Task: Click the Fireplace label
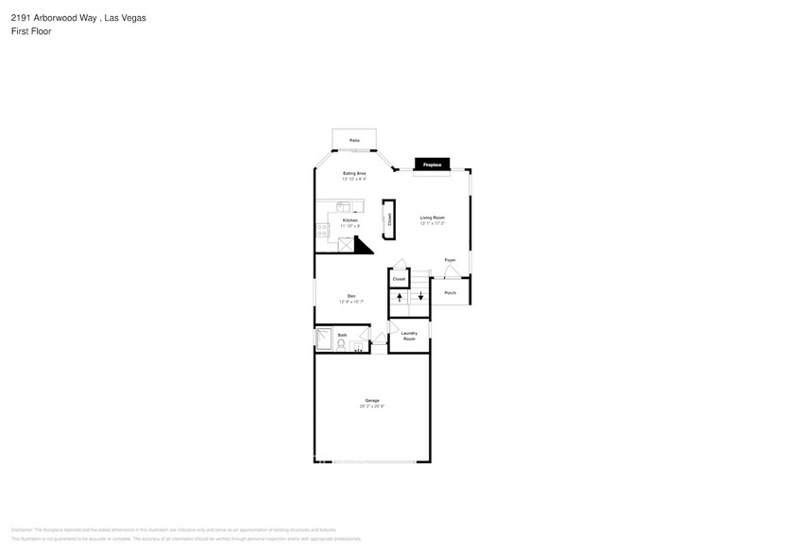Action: tap(432, 165)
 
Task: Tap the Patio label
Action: tap(354, 140)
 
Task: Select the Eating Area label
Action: tap(354, 173)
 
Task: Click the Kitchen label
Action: tap(350, 219)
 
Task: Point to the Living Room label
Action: tap(433, 217)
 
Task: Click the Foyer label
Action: tap(451, 259)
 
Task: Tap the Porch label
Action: tap(450, 292)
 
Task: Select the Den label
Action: tap(351, 296)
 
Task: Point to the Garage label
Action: tap(373, 400)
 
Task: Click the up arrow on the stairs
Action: tap(400, 297)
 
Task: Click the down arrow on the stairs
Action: tap(420, 297)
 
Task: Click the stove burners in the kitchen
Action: tap(321, 228)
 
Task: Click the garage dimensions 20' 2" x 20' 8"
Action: tap(373, 407)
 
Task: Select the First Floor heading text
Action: tap(31, 31)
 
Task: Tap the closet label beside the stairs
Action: tap(399, 279)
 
